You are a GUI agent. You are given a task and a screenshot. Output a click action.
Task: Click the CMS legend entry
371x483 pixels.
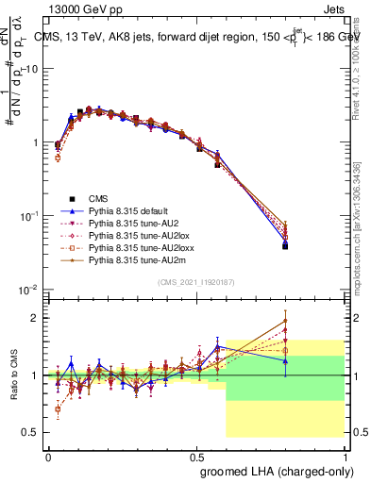[x=99, y=198]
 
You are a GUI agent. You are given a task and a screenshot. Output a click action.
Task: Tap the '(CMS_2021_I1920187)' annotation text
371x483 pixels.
[x=195, y=282]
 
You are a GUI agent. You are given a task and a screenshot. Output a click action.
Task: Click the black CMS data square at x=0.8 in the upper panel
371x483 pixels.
[x=285, y=246]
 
